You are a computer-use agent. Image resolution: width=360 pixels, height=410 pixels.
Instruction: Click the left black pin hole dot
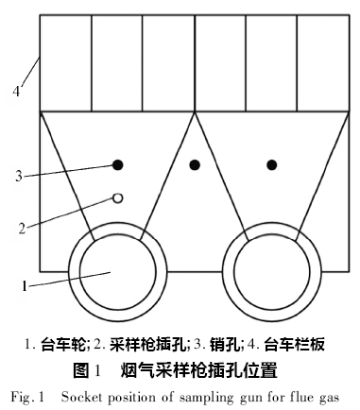(118, 164)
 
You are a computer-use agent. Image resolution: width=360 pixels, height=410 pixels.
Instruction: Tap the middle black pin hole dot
(195, 164)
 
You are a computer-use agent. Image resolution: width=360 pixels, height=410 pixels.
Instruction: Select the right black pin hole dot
(272, 164)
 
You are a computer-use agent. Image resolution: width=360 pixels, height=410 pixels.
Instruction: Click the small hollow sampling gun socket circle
(118, 197)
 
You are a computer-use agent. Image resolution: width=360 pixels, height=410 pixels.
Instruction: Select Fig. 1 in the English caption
(36, 392)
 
